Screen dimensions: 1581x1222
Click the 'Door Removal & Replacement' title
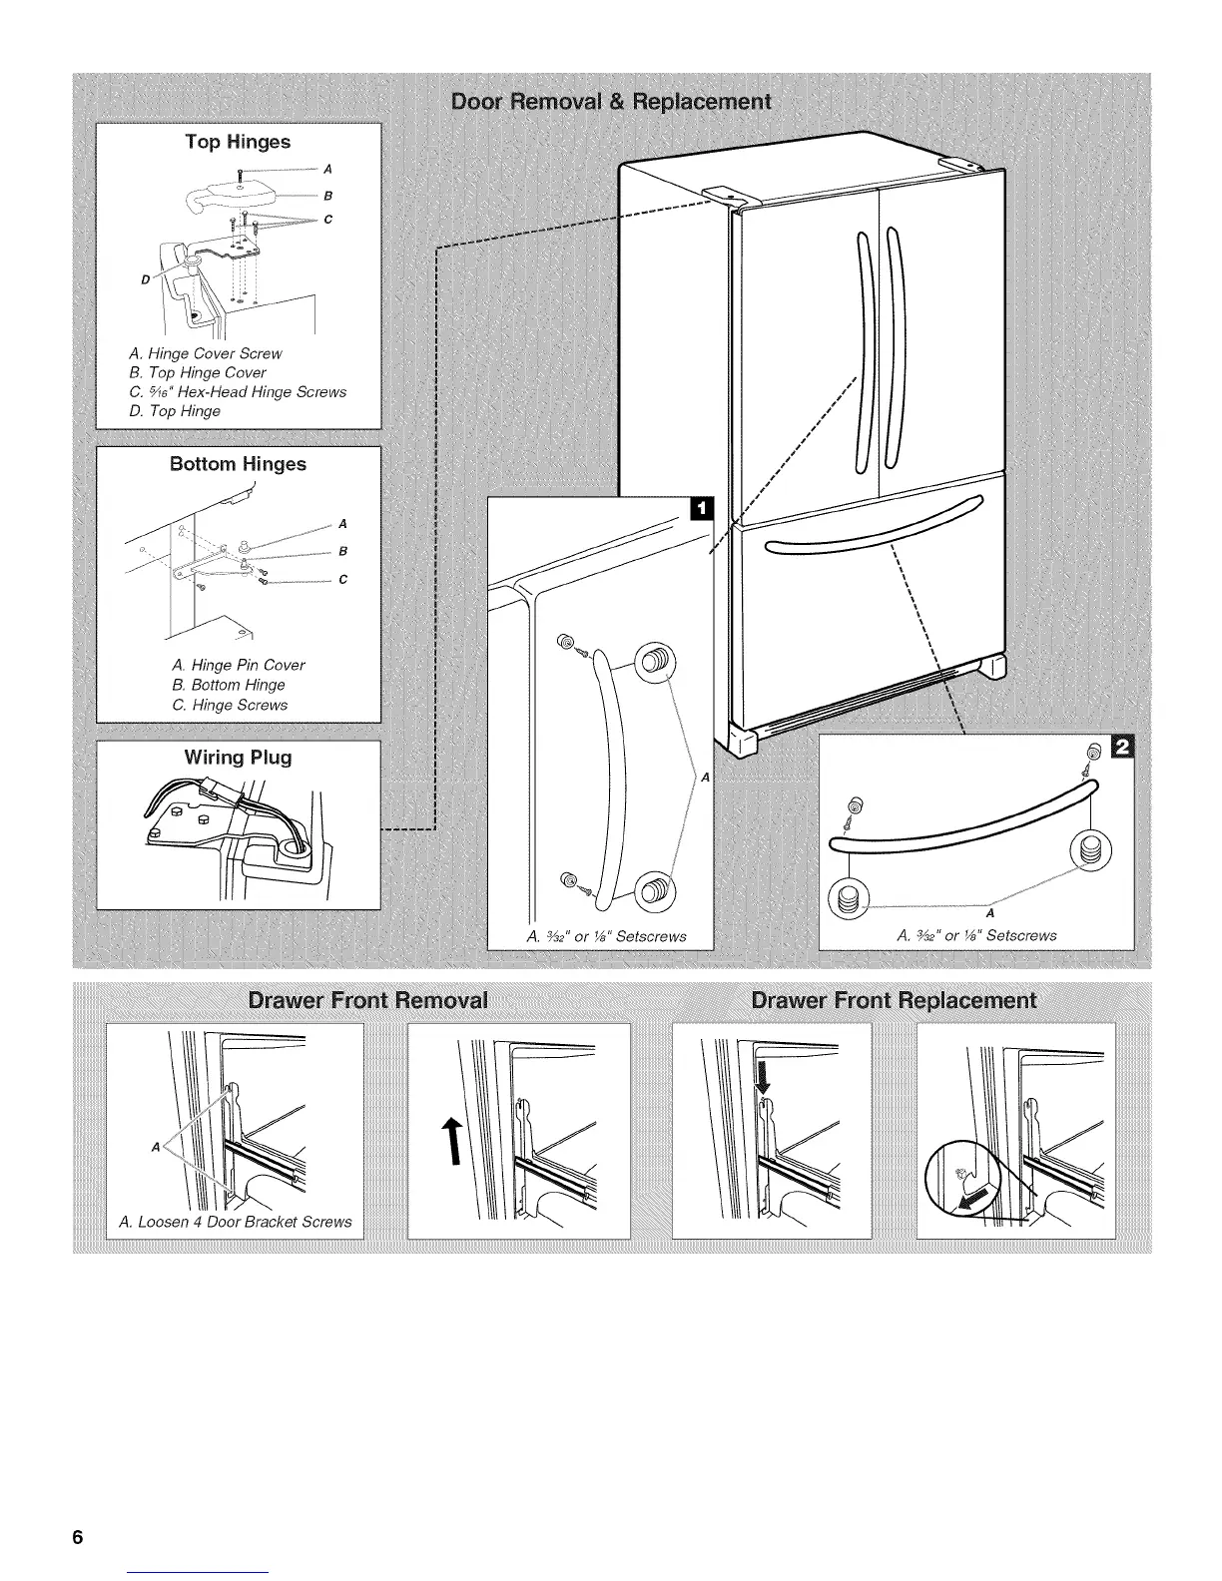point(611,102)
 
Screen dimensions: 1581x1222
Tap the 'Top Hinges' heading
point(238,142)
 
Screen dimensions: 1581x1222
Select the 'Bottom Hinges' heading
point(238,464)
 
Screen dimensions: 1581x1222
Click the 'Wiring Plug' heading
point(238,758)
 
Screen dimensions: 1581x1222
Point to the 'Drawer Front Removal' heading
point(367,1000)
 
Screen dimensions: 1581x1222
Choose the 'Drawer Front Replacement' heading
point(893,1000)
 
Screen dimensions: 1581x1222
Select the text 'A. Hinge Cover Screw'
point(206,353)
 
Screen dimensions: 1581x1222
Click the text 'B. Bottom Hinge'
point(228,685)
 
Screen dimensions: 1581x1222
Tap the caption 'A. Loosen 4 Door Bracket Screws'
point(235,1222)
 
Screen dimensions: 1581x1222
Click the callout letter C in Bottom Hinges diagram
point(342,580)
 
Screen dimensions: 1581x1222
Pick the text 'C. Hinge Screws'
point(230,705)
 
